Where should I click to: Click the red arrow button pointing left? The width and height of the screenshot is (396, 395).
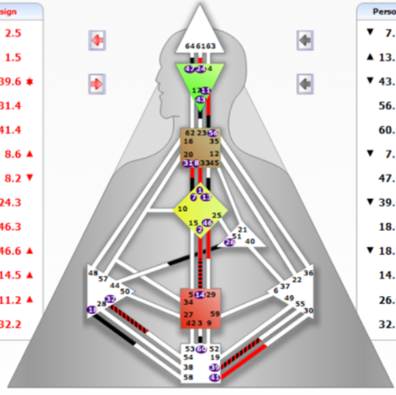click(97, 40)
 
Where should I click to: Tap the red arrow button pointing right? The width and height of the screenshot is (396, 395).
click(97, 84)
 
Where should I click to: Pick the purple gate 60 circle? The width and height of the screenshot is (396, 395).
click(201, 348)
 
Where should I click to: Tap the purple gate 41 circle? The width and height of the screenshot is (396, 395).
click(214, 378)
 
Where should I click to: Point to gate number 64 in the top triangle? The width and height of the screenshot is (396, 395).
click(190, 46)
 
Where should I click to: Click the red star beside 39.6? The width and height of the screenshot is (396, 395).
click(29, 81)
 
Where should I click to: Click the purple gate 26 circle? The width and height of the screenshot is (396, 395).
click(230, 242)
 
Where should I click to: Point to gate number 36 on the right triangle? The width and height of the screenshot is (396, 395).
click(308, 272)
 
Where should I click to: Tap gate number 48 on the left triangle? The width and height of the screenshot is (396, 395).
click(93, 272)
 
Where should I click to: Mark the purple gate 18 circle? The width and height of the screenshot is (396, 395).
click(92, 309)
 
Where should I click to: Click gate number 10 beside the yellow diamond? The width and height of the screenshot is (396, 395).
click(182, 208)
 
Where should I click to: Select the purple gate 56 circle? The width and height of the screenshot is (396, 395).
click(213, 133)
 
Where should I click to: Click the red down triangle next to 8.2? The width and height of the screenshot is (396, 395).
click(29, 177)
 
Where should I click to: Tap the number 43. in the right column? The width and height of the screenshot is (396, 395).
click(385, 81)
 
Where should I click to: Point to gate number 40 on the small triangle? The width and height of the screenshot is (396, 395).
click(249, 241)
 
